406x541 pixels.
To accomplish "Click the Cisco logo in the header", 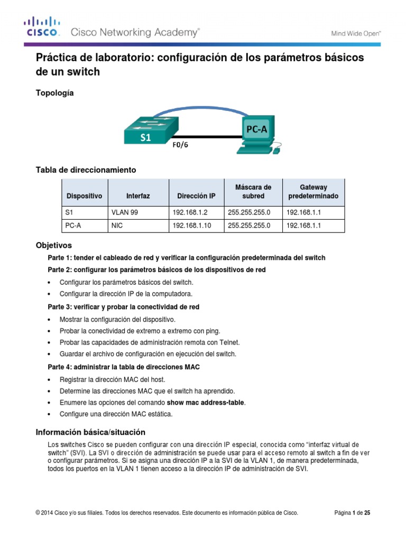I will tap(41, 27).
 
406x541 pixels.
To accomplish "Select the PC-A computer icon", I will tap(256, 135).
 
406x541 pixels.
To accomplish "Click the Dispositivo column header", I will tap(85, 196).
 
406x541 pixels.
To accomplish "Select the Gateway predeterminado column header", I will tap(313, 192).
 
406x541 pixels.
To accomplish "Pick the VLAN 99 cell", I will tap(125, 212).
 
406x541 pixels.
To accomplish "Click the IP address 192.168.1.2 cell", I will tap(190, 212).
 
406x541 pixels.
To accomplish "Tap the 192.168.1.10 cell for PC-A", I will tap(191, 226).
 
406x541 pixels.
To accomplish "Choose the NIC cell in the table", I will tap(117, 226).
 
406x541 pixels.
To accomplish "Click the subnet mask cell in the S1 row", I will tap(248, 212).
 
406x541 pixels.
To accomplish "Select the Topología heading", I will tap(54, 93).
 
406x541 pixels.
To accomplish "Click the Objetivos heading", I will tap(53, 246).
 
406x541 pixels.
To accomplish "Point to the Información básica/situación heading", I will tap(90, 432).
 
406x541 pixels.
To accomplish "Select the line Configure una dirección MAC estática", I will tap(116, 414).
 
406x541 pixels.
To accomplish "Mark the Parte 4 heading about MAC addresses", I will tap(124, 367).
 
